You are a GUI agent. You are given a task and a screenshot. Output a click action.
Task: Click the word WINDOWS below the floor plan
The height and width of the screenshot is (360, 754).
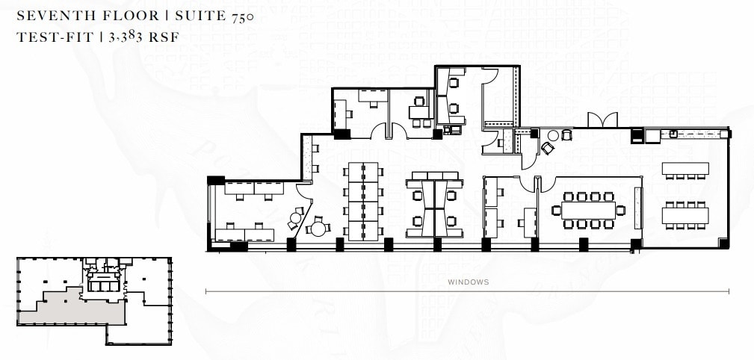coord(469,282)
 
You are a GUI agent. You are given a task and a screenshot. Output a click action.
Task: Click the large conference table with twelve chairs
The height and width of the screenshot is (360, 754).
coord(588,211)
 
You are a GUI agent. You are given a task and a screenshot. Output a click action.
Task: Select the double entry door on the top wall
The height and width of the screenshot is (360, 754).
coord(602,120)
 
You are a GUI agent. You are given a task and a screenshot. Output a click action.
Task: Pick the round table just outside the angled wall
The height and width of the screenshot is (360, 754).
coord(319,228)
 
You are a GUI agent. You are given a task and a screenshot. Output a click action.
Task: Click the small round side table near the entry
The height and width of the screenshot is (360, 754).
coord(553,135)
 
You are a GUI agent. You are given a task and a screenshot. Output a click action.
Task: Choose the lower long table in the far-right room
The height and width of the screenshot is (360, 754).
coord(685,215)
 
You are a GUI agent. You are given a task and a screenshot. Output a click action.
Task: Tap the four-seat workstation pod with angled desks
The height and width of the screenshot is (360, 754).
coord(433,202)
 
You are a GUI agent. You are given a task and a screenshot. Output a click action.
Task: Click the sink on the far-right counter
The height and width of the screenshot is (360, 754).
coord(673,134)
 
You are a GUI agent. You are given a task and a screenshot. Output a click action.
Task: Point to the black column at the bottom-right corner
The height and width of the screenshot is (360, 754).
coord(723,243)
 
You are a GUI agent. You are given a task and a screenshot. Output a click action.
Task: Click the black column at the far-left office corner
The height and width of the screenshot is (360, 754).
coord(215,180)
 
